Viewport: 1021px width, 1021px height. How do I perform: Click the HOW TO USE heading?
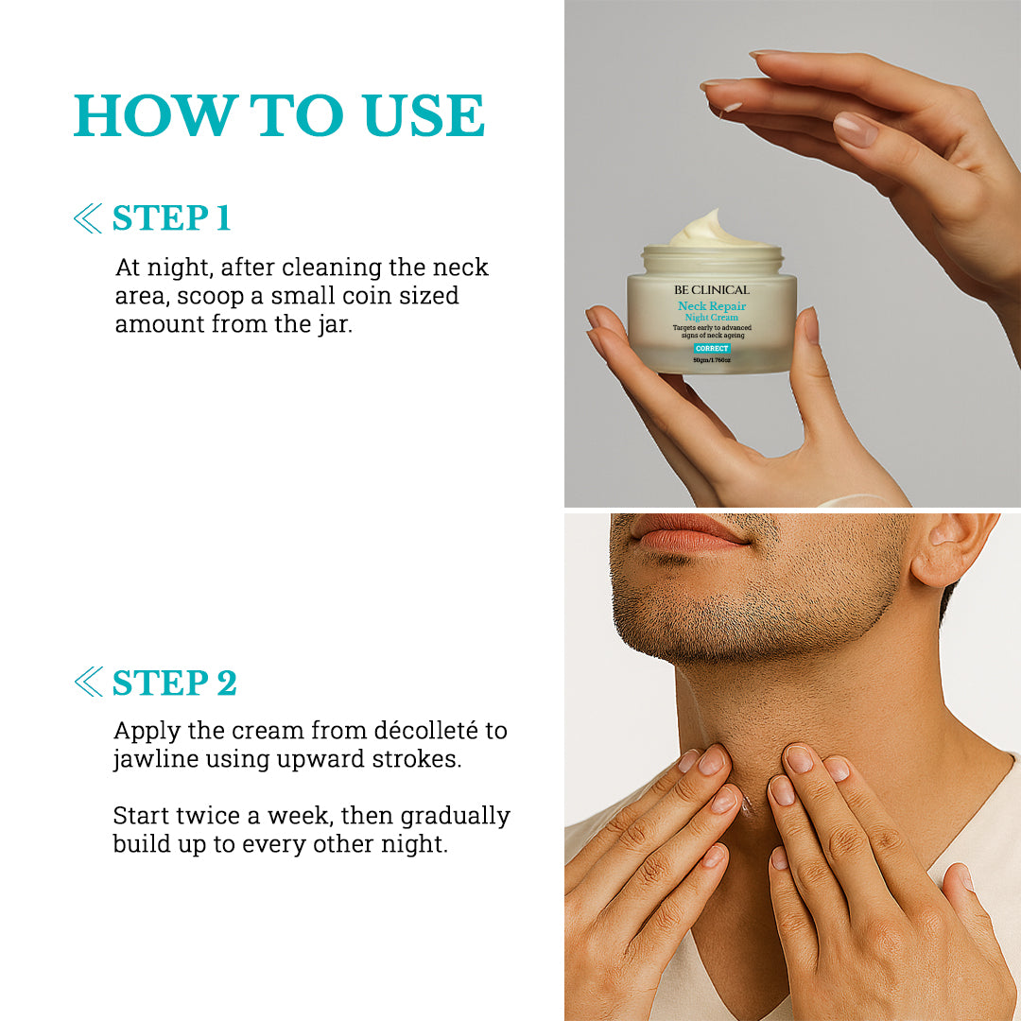[x=279, y=116]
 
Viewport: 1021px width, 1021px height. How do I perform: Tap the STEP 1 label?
[x=171, y=218]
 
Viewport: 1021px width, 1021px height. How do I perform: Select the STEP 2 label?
[x=174, y=683]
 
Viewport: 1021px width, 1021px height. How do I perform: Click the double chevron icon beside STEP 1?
[x=87, y=219]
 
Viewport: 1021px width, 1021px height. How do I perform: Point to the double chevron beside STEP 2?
[x=87, y=682]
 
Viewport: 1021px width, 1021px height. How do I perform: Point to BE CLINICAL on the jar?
[x=711, y=289]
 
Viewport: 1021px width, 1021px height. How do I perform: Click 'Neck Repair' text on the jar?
[x=711, y=306]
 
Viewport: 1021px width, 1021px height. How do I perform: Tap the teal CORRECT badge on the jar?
[x=711, y=348]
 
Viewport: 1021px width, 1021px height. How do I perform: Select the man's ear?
[x=950, y=553]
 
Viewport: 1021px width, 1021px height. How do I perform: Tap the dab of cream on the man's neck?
[x=747, y=804]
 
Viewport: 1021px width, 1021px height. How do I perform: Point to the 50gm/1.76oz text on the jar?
[x=711, y=359]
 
